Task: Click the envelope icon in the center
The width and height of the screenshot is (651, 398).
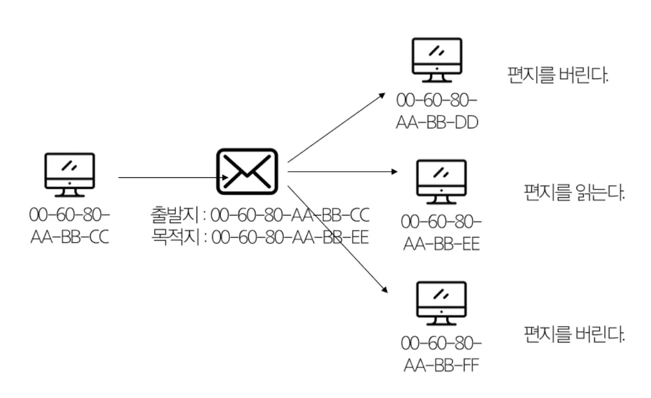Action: click(247, 171)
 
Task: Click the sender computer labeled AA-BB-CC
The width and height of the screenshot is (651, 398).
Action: click(70, 175)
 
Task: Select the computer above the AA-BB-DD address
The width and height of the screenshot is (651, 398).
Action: click(437, 60)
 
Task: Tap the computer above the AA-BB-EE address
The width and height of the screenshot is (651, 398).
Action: click(441, 182)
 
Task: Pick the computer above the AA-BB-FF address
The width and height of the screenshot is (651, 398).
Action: click(441, 303)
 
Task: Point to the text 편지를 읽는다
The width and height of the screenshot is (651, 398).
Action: click(574, 192)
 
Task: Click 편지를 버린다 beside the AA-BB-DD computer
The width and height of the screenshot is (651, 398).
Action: click(558, 75)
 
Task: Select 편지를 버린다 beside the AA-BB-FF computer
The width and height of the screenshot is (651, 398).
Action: click(574, 334)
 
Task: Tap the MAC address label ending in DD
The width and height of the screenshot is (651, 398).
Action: click(437, 111)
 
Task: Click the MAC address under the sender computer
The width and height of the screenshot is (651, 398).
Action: click(70, 226)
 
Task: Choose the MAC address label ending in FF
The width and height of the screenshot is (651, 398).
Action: click(441, 355)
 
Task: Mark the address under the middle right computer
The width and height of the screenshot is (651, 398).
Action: click(441, 233)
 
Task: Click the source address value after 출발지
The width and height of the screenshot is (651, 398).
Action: click(290, 215)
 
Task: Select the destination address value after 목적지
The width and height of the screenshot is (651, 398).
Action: click(290, 237)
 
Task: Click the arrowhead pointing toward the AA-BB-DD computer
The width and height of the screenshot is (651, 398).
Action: click(382, 96)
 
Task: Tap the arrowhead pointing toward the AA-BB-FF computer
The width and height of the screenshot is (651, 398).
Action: click(384, 290)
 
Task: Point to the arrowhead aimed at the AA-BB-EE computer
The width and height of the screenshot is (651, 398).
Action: click(394, 171)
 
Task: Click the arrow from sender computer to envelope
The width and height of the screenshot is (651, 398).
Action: click(174, 177)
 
